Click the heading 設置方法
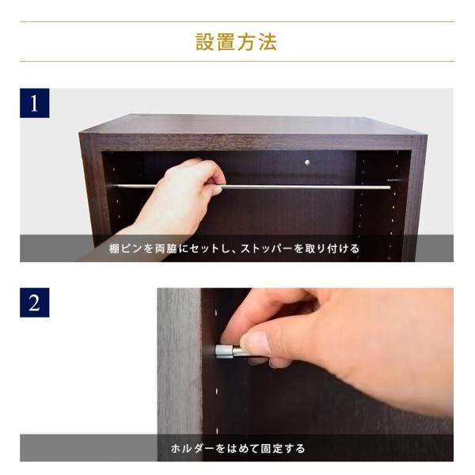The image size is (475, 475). tap(237, 42)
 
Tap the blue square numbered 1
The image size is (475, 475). tap(35, 103)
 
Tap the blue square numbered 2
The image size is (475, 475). tap(35, 302)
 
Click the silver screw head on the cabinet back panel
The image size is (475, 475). tap(307, 162)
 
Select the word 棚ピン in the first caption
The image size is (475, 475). tap(125, 249)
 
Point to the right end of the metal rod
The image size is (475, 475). tap(389, 188)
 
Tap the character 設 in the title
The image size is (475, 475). tap(205, 42)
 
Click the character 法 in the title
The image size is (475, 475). tap(268, 42)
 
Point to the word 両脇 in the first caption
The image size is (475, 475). tap(165, 249)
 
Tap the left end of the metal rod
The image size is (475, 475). tap(116, 186)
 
